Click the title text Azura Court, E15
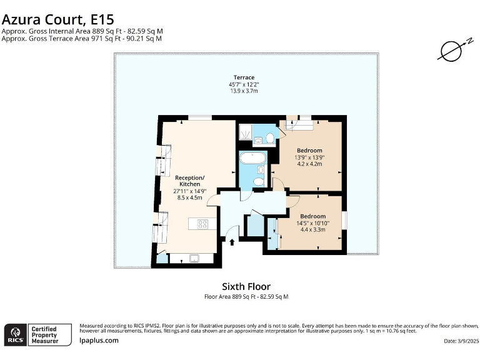pos(57,20)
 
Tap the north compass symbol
pos(451,51)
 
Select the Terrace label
pos(244,77)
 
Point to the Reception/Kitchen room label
pos(190,181)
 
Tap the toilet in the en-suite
pos(270,137)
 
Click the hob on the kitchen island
pos(202,222)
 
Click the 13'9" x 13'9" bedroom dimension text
pos(309,157)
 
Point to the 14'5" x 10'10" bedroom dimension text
pos(309,222)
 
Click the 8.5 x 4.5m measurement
pos(190,197)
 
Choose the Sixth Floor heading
pos(246,287)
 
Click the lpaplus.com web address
pos(99,340)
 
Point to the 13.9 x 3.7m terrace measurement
pos(244,91)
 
